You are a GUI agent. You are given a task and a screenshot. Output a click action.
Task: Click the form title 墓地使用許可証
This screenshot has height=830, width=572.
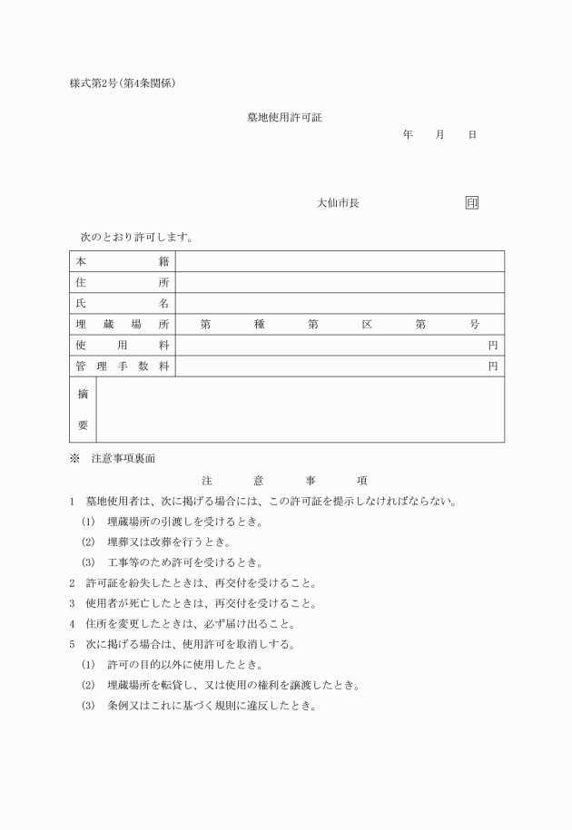tap(284, 117)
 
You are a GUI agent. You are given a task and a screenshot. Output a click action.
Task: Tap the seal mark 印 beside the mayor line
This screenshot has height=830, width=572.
tap(471, 203)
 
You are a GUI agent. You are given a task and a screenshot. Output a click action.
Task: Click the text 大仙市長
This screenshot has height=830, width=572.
tap(338, 203)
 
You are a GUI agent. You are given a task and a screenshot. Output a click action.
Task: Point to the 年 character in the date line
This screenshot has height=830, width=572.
tap(408, 134)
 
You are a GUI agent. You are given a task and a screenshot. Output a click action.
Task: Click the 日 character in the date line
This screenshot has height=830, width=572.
tap(472, 134)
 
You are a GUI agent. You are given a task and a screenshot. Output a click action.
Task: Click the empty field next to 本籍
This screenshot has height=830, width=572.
tap(340, 261)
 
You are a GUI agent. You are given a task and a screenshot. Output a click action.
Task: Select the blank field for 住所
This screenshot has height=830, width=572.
tap(340, 282)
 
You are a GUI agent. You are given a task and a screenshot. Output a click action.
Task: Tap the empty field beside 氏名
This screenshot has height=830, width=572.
tap(340, 303)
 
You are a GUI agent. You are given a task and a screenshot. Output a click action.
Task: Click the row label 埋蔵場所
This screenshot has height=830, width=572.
tap(123, 324)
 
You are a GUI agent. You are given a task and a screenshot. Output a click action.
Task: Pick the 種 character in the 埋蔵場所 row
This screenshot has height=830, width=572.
tap(259, 324)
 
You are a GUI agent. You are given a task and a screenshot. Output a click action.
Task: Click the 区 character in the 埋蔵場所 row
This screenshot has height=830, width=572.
tap(367, 324)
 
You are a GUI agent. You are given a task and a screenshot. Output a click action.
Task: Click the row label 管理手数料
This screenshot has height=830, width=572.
tap(123, 366)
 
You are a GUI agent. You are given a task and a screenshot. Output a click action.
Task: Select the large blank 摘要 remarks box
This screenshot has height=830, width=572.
tap(300, 409)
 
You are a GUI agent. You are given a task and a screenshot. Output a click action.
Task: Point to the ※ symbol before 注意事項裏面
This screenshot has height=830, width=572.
tap(75, 459)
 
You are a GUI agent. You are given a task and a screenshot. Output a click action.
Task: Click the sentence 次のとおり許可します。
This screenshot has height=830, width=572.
tap(136, 238)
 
